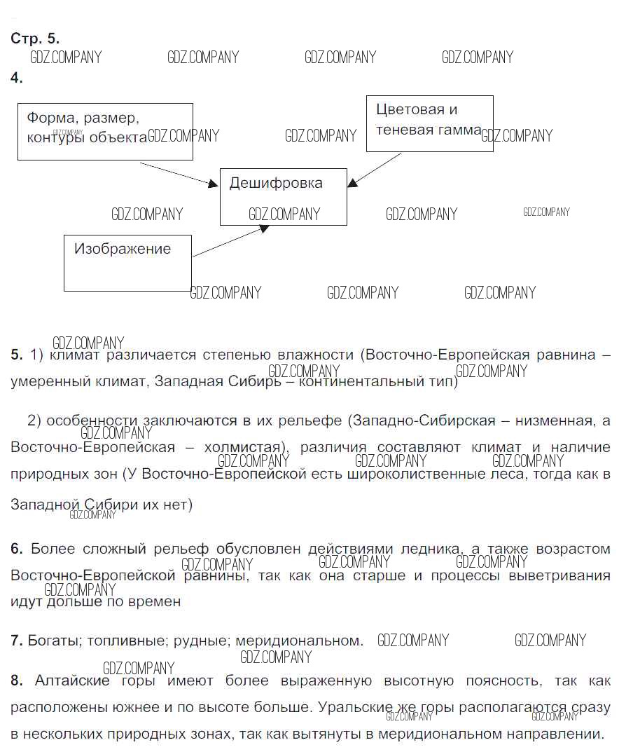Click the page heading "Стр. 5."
(x=35, y=39)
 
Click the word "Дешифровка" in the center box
(x=276, y=184)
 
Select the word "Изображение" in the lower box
(x=123, y=249)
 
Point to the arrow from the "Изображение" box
(x=229, y=242)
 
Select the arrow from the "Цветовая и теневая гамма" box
(x=375, y=170)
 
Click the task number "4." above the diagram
(x=17, y=78)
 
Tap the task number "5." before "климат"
(x=17, y=355)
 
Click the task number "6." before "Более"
(x=17, y=549)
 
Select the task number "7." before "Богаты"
(x=17, y=641)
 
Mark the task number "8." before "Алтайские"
(x=17, y=681)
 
